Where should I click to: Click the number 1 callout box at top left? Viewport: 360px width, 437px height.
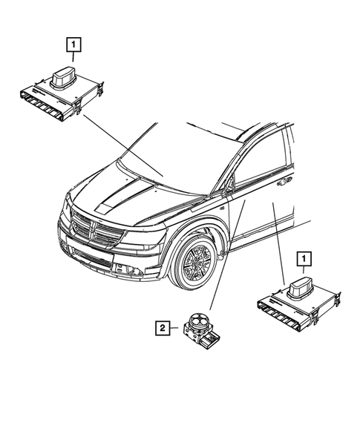coord(73,45)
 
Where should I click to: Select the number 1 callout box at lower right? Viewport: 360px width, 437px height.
coord(303,259)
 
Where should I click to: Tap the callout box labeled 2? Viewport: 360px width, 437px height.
coord(161,325)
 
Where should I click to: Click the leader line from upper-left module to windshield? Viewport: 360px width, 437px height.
coord(122,145)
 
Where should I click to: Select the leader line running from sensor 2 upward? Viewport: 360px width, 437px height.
coord(219,260)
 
